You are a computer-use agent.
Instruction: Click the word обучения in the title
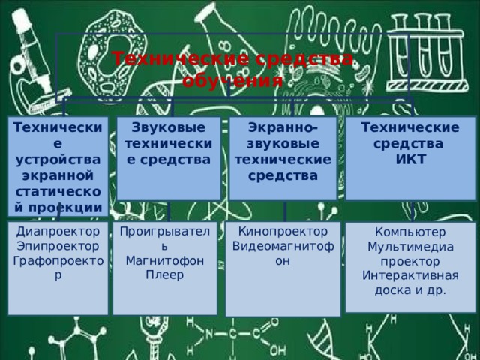coord(234,79)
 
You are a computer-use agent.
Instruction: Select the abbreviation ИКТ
coord(411,158)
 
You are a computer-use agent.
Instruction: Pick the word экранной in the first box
coord(57,175)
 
